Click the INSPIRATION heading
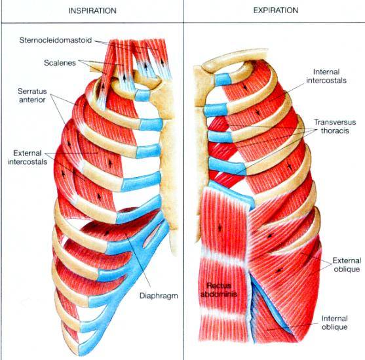[92, 10]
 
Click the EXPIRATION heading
[276, 10]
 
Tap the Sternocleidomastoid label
[56, 40]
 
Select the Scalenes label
[60, 63]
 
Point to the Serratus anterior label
[32, 96]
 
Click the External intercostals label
[28, 157]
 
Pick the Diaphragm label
[159, 296]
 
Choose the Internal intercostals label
[326, 76]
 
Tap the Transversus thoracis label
[335, 127]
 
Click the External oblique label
[347, 265]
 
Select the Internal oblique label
[334, 323]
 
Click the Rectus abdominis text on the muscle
[219, 290]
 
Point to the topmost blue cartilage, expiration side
[223, 79]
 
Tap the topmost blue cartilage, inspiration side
[142, 96]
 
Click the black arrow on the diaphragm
[107, 232]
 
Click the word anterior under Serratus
[32, 100]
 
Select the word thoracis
[335, 130]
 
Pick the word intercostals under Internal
[326, 81]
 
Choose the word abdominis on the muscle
[219, 294]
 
